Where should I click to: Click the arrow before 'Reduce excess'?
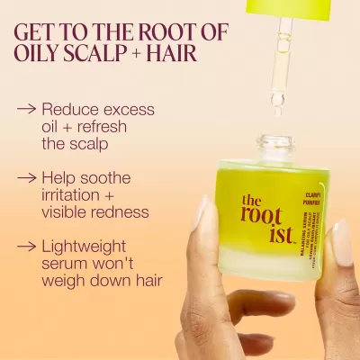coord(27,110)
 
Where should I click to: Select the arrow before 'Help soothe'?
coord(27,177)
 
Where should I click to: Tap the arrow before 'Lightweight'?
coord(27,245)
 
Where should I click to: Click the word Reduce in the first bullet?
coord(69,109)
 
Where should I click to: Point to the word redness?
coord(118,212)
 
